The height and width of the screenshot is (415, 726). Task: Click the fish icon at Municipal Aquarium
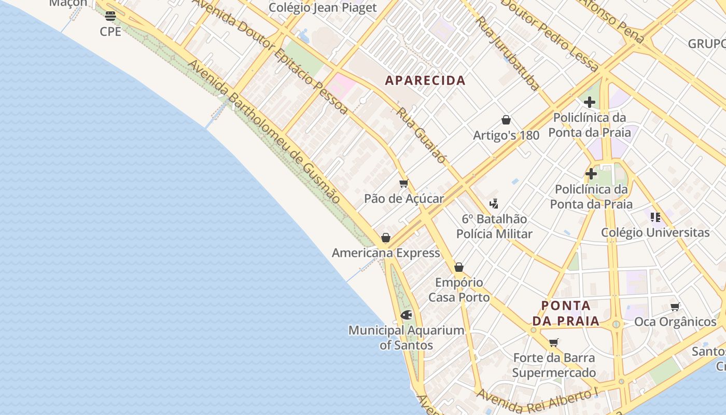click(407, 315)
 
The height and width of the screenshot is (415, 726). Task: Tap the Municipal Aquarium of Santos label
click(406, 337)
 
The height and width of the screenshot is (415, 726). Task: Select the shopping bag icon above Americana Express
click(386, 238)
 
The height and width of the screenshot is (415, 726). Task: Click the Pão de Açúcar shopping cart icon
click(404, 183)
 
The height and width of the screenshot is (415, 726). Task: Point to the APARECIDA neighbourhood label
click(425, 80)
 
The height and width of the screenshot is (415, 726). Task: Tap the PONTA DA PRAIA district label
click(566, 313)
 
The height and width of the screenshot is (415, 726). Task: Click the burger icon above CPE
click(110, 16)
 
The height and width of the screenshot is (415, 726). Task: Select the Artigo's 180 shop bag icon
click(506, 120)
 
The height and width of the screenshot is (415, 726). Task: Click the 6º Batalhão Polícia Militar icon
click(494, 204)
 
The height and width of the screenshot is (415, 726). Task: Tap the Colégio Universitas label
click(655, 232)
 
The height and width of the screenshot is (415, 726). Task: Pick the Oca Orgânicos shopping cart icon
click(675, 307)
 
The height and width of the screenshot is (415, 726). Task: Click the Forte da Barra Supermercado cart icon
click(554, 342)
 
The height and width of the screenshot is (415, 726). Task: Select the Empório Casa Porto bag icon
click(459, 268)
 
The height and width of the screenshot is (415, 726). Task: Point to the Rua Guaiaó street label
click(421, 135)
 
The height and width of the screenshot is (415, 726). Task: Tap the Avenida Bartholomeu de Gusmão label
click(264, 132)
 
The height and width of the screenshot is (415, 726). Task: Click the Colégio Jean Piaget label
click(323, 8)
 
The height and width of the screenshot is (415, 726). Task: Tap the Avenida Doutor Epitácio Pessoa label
click(270, 54)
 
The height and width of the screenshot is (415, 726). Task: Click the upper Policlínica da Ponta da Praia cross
click(590, 102)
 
